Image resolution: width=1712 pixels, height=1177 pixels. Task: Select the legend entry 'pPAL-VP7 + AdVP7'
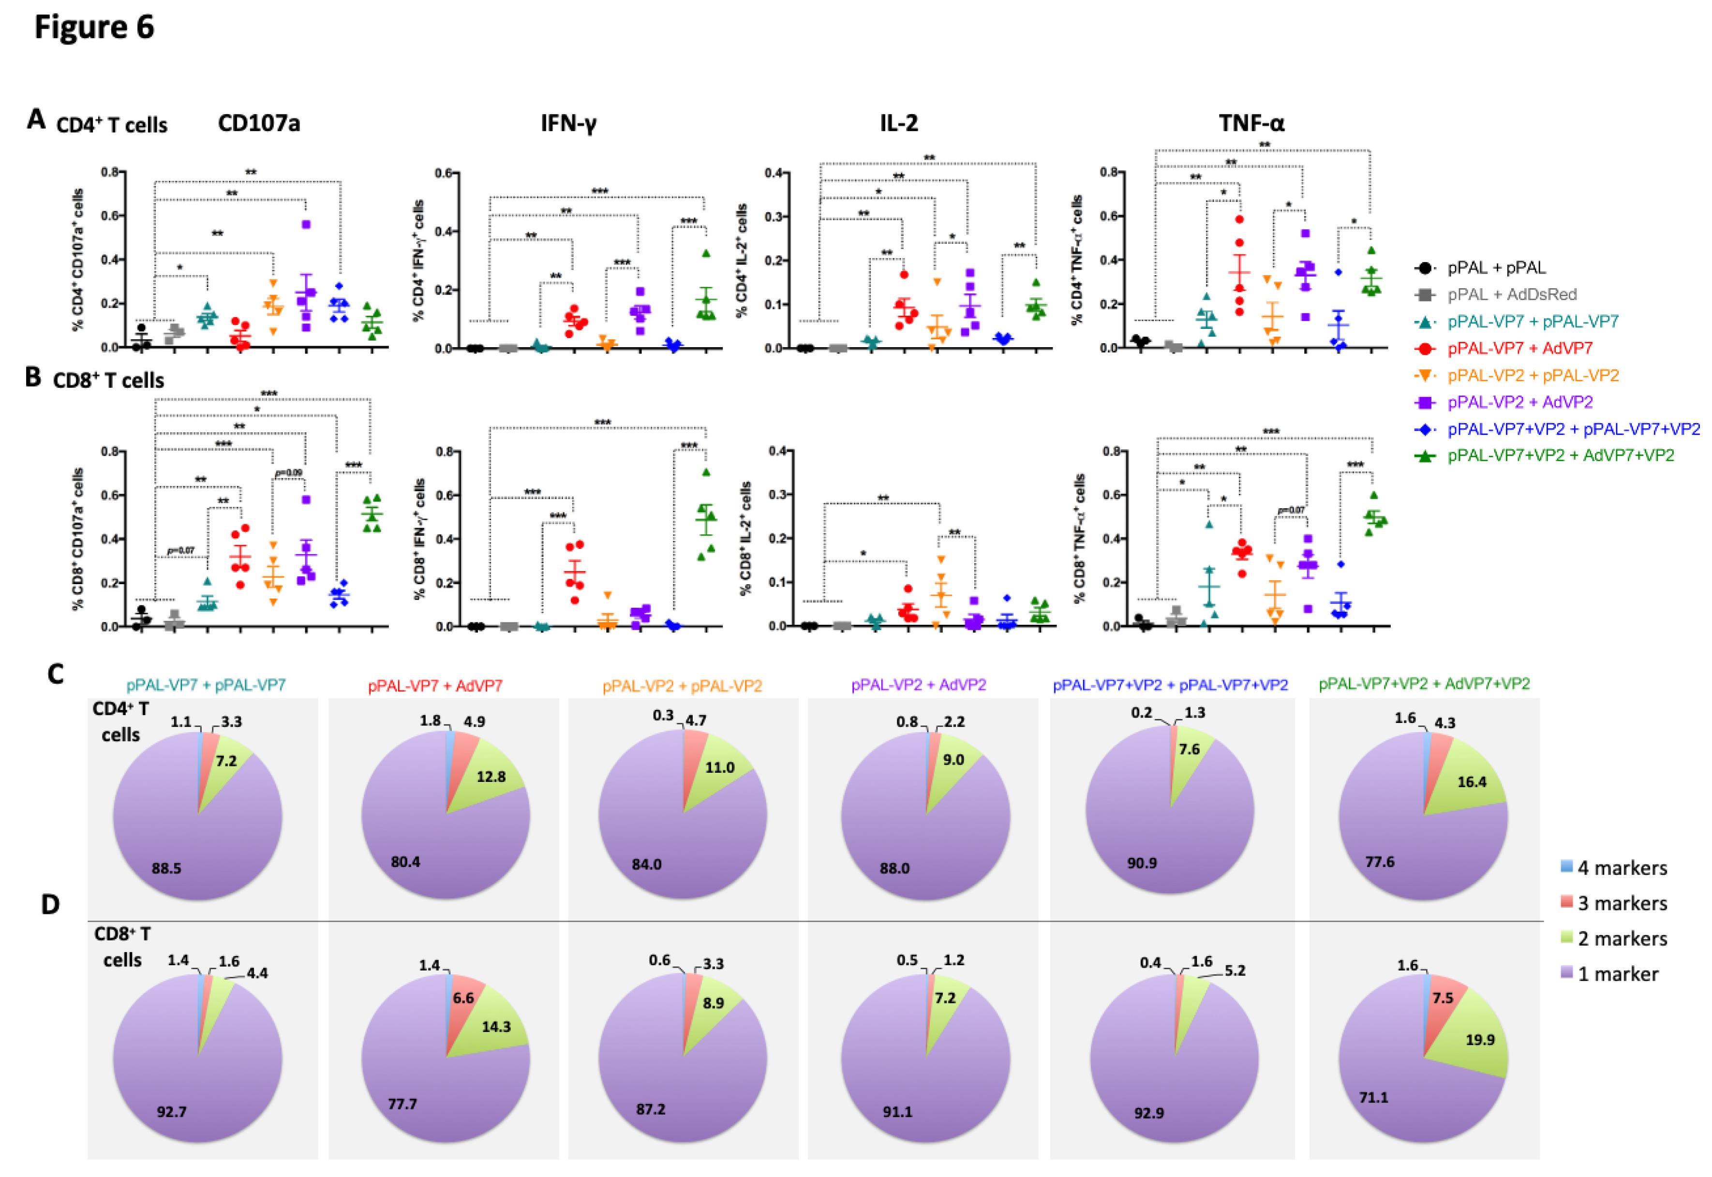coord(1519,348)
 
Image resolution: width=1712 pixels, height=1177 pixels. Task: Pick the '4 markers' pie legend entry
coord(1621,868)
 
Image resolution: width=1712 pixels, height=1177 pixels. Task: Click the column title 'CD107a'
coord(259,123)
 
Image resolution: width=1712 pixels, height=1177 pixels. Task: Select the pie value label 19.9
coord(1480,1040)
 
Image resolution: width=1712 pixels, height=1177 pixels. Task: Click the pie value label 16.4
coord(1472,782)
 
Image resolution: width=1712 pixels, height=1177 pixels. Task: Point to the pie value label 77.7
coord(403,1104)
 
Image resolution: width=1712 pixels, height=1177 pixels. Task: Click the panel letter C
coord(55,674)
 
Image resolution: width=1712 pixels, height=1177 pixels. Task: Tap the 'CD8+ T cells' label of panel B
coord(108,381)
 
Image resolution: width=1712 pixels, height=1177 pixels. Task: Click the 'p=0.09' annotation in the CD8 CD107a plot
coord(288,473)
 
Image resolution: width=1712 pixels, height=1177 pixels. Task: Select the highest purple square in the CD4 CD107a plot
coord(306,224)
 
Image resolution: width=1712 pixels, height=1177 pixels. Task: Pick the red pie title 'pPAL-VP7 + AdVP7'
coord(435,686)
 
